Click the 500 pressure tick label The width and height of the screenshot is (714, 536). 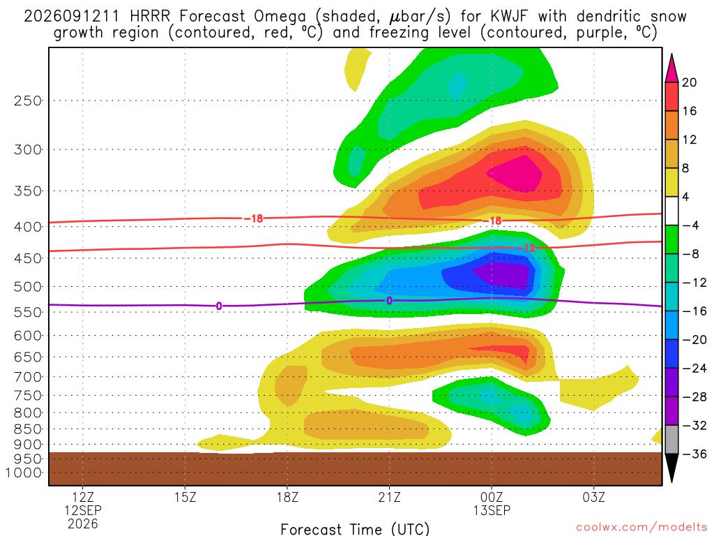coord(27,287)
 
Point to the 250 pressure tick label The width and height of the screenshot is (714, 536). coord(27,100)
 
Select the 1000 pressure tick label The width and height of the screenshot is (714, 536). coord(24,472)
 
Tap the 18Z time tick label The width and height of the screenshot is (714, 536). coord(287,497)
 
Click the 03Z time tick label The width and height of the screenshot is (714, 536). coord(594,497)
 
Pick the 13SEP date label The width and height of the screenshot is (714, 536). coord(492,510)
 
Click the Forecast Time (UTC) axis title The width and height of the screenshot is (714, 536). coord(355,529)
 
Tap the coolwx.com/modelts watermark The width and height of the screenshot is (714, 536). coord(641,528)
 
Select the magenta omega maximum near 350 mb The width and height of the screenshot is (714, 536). coord(517,174)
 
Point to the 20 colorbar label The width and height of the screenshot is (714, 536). coord(690,82)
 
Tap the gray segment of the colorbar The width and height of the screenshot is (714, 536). coord(671,440)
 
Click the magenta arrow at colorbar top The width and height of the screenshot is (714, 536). coord(671,68)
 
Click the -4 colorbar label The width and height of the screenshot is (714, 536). coord(690,225)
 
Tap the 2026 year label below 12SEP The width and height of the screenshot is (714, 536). coord(82,523)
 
